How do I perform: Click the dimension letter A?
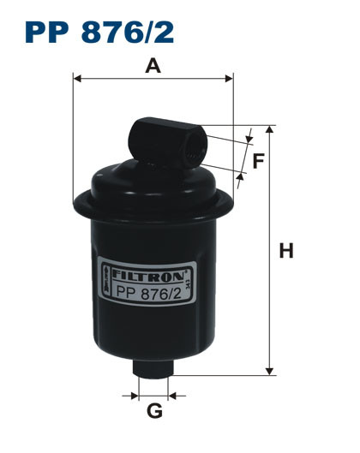153,65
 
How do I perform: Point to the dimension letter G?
154,411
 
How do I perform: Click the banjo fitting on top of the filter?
168,142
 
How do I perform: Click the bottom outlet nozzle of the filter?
154,366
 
